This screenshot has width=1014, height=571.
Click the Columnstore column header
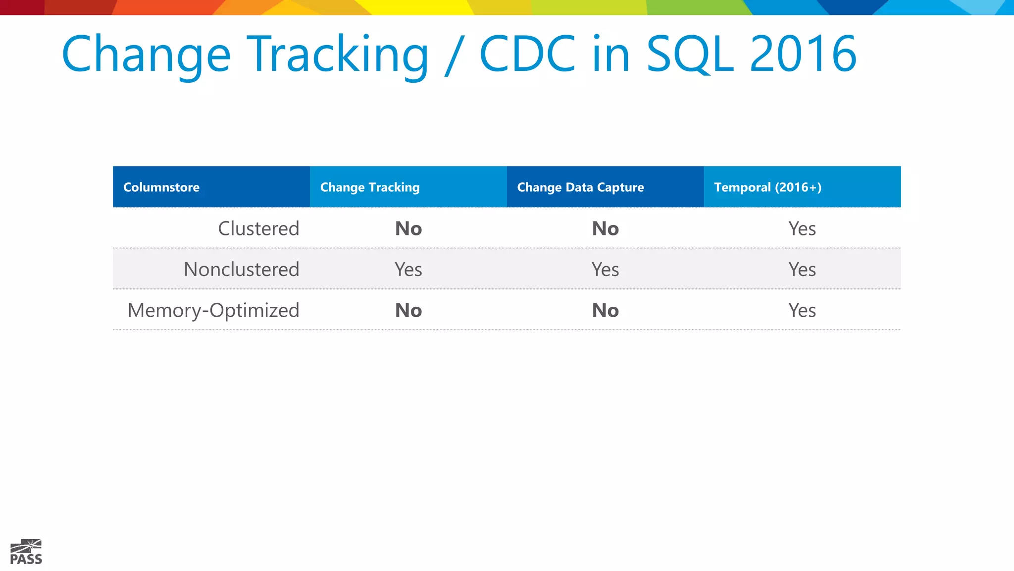tap(161, 187)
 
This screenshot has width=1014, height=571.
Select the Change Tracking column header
tap(370, 187)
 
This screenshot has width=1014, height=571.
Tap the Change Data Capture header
tap(580, 187)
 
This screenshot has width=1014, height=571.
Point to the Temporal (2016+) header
tap(767, 187)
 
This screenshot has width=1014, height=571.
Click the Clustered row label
tap(258, 228)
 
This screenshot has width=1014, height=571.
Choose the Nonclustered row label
tap(242, 270)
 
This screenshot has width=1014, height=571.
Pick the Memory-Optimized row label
tap(213, 310)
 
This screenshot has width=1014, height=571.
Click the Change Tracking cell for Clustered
tap(408, 228)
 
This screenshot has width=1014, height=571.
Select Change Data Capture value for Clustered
tap(606, 228)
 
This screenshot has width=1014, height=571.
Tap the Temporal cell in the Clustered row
tap(802, 228)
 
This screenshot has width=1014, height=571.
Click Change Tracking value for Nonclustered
tap(408, 270)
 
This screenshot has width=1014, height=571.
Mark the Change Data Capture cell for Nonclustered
tap(606, 270)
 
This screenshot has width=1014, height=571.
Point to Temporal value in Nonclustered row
tap(802, 270)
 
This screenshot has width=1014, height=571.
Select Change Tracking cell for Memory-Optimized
tap(408, 310)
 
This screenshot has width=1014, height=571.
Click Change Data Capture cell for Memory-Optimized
tap(606, 310)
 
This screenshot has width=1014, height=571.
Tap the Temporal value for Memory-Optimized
tap(802, 310)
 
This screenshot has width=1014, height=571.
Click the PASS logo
tap(26, 552)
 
